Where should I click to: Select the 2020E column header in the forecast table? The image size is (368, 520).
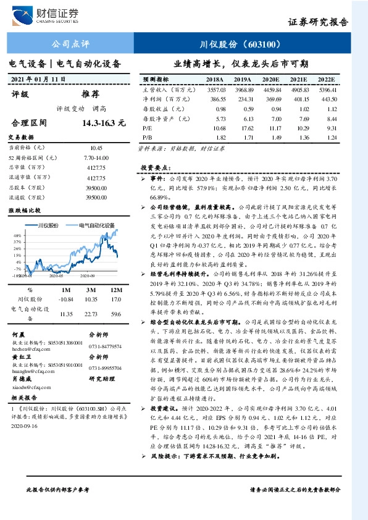[271, 80]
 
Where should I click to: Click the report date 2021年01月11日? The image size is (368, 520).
[38, 80]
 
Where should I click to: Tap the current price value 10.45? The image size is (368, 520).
[96, 148]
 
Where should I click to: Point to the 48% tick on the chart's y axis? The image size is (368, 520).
[17, 235]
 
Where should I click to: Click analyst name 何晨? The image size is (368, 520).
[19, 333]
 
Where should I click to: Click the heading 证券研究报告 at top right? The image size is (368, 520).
[318, 22]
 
